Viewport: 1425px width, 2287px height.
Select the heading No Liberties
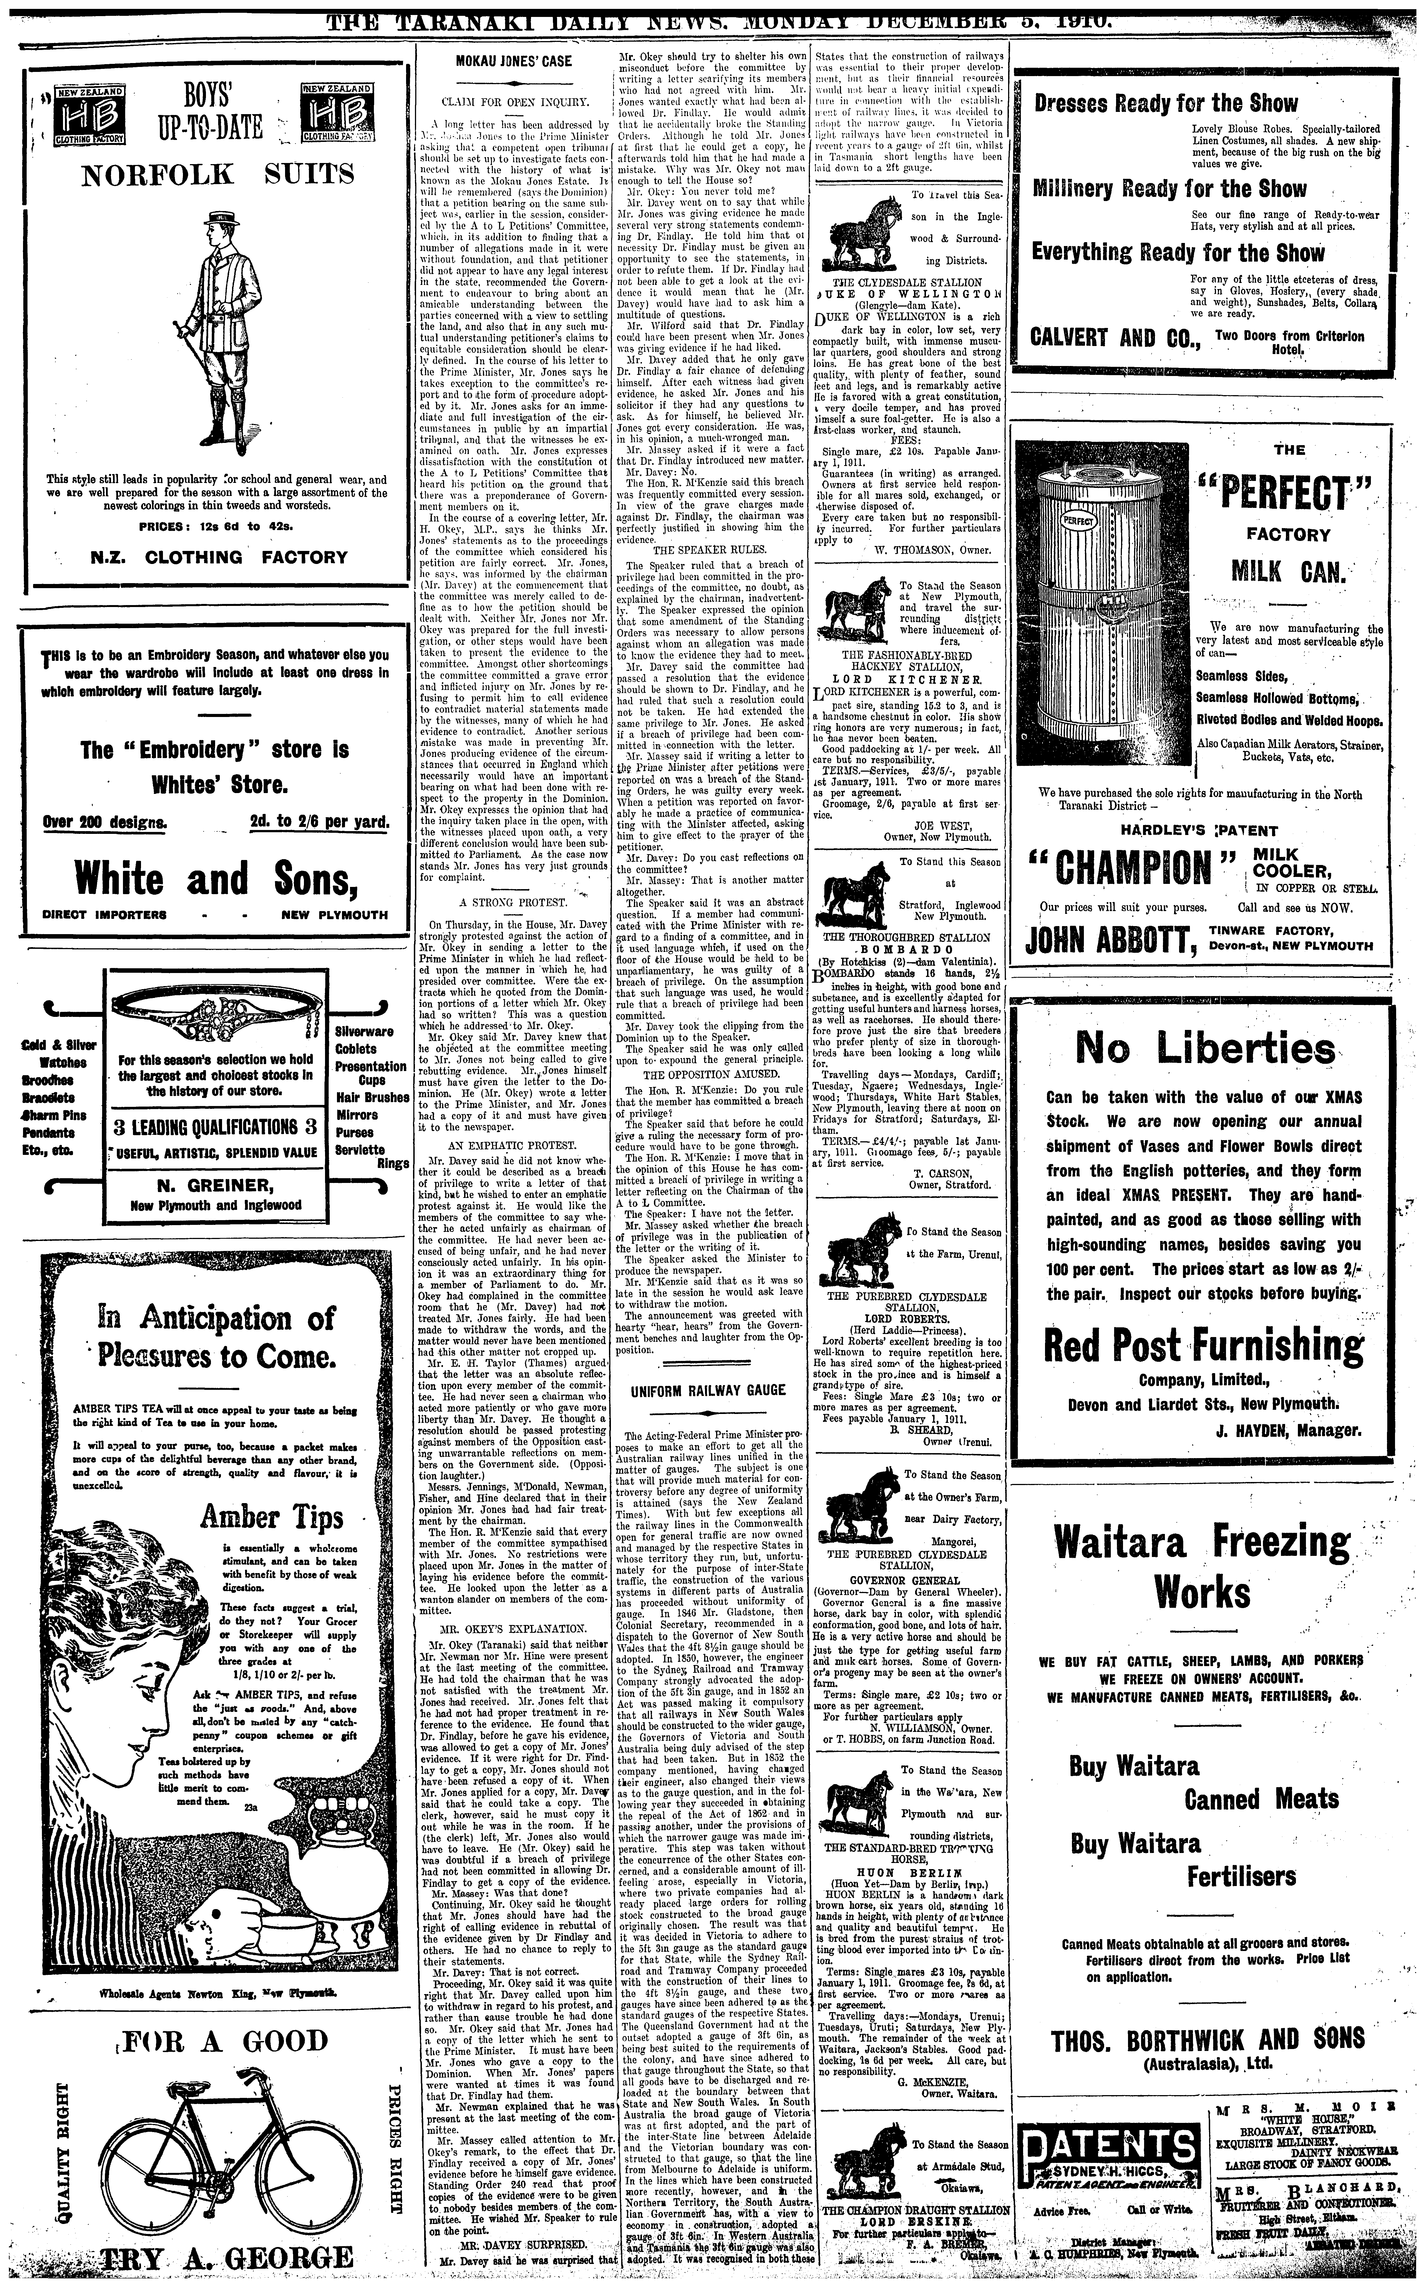[1204, 1046]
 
